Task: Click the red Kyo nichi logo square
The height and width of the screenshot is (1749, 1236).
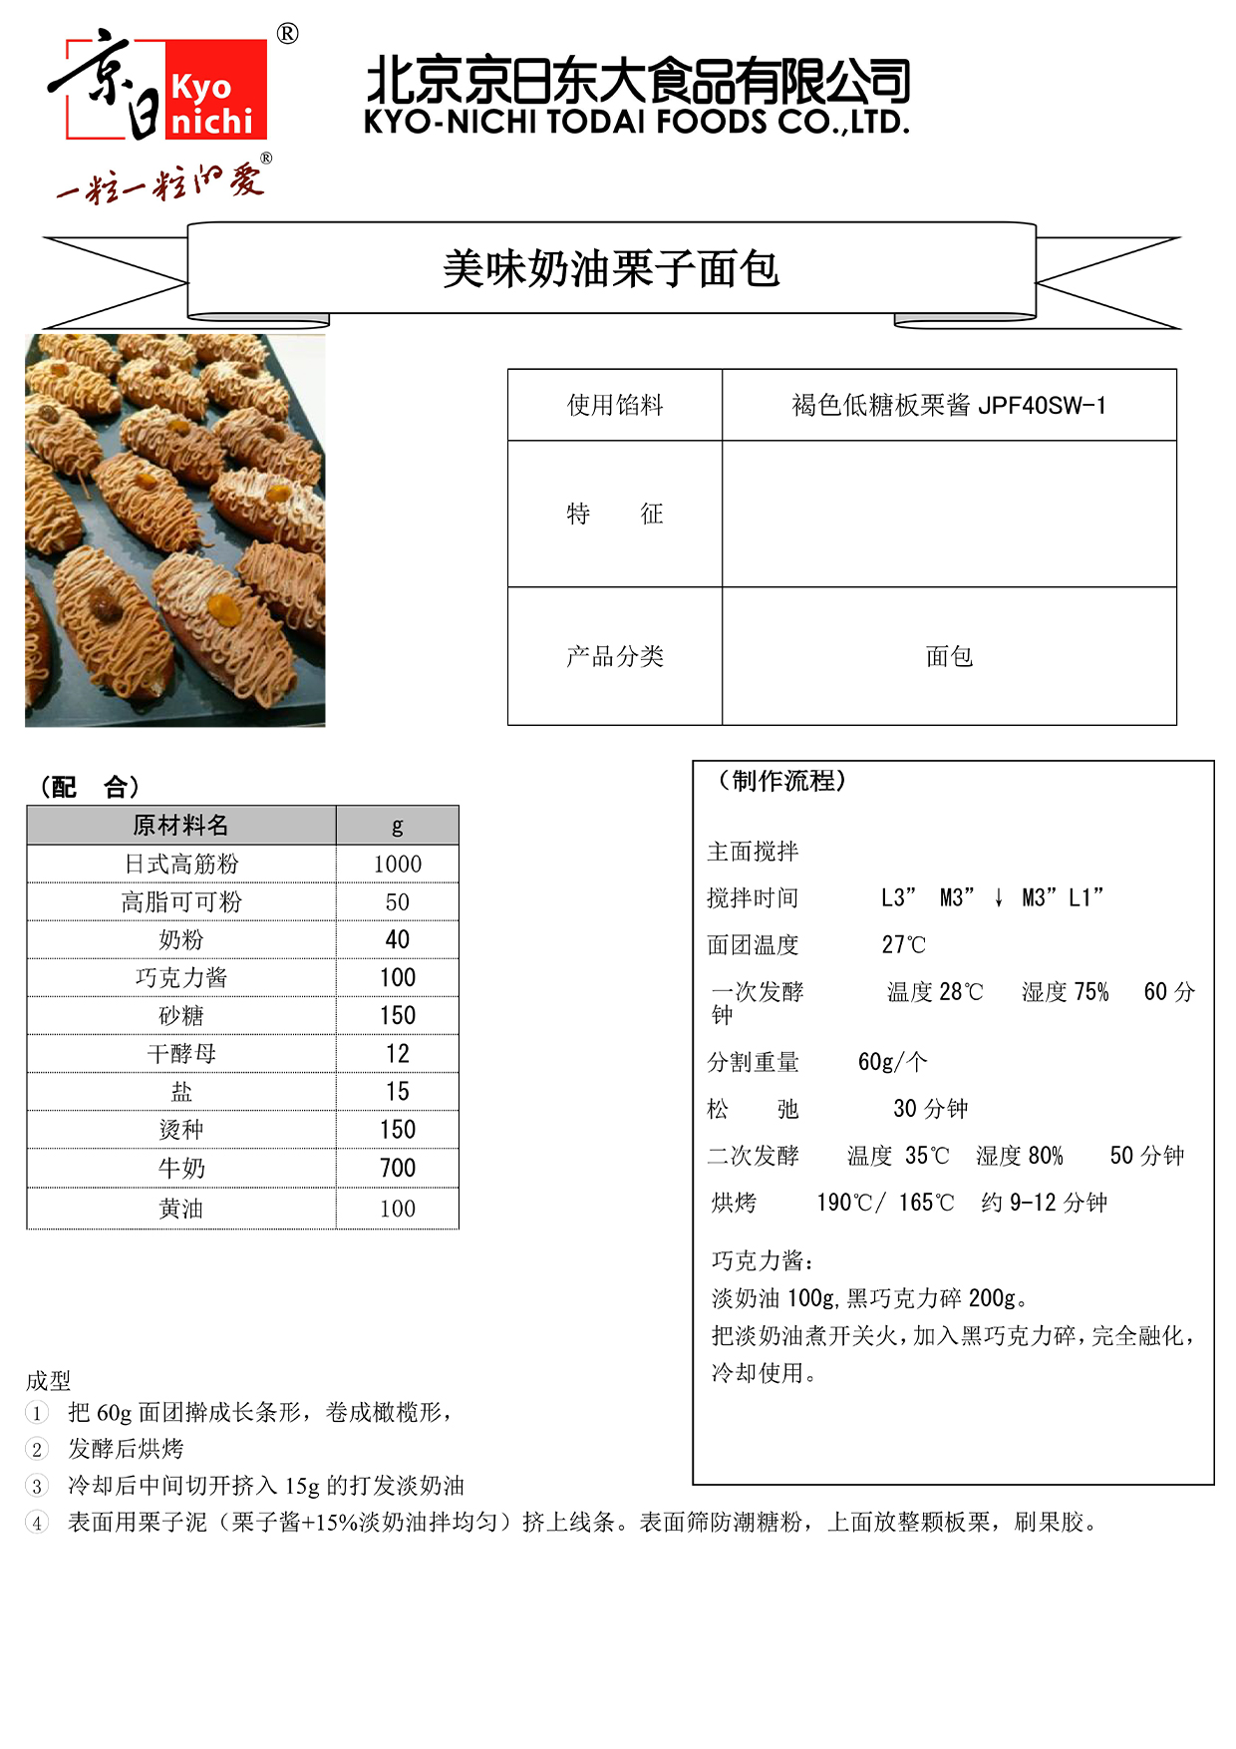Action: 215,90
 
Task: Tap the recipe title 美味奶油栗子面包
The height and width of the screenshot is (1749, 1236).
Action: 611,269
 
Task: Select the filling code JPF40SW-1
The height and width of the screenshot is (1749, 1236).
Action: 1042,405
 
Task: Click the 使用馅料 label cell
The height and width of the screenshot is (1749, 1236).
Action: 615,405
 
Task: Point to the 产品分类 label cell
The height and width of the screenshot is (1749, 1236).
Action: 615,656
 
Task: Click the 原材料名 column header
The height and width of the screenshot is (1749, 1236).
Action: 180,826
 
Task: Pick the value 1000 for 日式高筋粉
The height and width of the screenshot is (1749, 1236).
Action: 397,864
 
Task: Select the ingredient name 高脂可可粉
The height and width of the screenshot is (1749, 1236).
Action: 180,901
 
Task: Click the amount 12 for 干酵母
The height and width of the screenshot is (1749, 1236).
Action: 397,1054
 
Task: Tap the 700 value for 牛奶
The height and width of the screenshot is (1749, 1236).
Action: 397,1168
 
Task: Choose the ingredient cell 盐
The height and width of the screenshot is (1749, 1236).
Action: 180,1092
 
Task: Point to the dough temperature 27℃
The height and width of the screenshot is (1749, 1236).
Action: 903,944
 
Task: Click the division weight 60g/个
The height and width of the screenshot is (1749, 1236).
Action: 892,1062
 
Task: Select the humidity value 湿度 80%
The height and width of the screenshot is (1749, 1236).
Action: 1019,1156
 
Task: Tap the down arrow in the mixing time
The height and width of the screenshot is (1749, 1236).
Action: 998,898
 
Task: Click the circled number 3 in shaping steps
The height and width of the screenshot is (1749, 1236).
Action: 37,1487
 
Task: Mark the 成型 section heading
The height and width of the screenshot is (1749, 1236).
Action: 48,1381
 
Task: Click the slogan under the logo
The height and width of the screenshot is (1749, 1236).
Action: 159,183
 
